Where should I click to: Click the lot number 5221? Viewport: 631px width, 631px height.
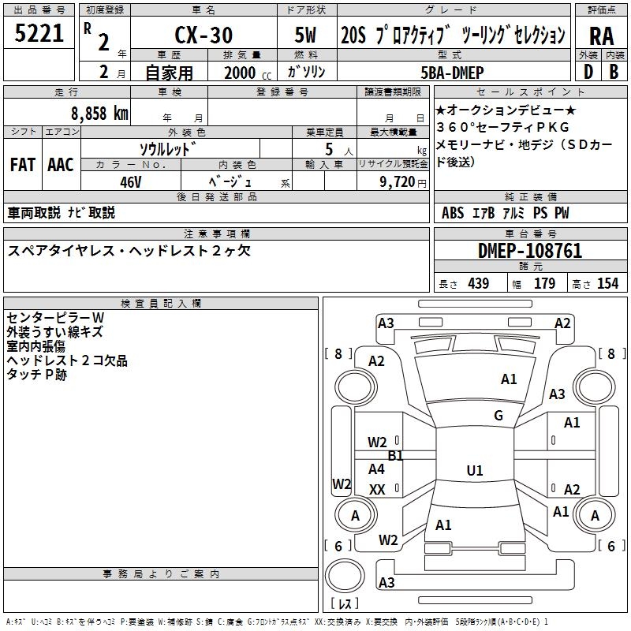point(39,34)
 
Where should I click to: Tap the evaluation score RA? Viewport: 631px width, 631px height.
point(601,36)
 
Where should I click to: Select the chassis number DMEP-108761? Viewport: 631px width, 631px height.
point(530,251)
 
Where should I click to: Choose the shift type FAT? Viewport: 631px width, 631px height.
point(22,165)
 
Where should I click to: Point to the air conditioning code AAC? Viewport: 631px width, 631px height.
point(60,165)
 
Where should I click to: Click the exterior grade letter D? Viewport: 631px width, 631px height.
point(588,71)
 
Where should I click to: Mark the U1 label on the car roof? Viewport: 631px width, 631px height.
point(474,471)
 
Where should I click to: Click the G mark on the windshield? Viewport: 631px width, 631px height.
point(498,416)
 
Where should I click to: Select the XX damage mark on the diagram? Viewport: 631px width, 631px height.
point(377,490)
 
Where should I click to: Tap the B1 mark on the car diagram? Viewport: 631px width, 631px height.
point(395,456)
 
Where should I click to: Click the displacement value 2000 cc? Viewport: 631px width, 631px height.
point(243,73)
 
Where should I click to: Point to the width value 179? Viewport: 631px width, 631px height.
point(544,284)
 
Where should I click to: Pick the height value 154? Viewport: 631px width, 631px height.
point(607,284)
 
